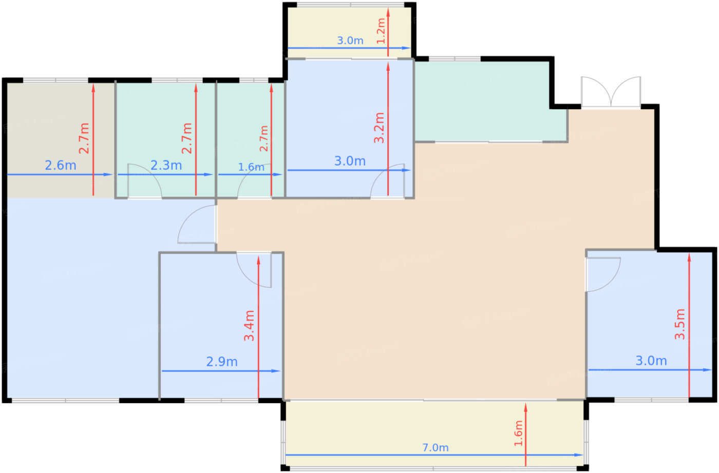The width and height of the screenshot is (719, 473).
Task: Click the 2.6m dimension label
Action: coord(61,166)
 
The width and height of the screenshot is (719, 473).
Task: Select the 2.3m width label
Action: coord(166,166)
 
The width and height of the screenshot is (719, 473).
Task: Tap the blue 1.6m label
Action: coord(251,167)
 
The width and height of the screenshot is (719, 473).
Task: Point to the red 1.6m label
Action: coord(518,433)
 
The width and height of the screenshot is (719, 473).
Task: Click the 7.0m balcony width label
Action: coord(436,447)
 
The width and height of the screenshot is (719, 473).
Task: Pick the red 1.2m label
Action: coord(381,31)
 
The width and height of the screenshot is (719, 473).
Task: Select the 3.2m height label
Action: coord(379,128)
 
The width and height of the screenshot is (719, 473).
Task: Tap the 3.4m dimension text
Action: coord(249,325)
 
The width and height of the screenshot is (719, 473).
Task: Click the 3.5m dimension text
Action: coord(679,324)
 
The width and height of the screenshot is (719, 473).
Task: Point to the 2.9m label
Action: coord(222,362)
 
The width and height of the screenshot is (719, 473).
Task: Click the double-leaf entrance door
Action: coord(611,92)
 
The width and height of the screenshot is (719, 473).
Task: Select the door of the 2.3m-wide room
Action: coord(144,181)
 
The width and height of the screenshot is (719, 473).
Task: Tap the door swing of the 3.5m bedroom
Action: coord(603,274)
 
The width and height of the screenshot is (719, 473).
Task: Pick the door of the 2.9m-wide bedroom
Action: coord(254,270)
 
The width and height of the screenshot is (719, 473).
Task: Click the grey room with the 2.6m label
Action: coord(61,140)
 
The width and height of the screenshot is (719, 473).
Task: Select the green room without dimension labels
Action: coord(490,102)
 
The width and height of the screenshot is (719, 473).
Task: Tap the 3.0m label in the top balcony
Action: coord(350,41)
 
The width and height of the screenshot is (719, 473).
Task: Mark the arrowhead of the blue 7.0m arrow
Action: coord(579,455)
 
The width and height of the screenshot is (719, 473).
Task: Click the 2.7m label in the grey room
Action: coord(84,138)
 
